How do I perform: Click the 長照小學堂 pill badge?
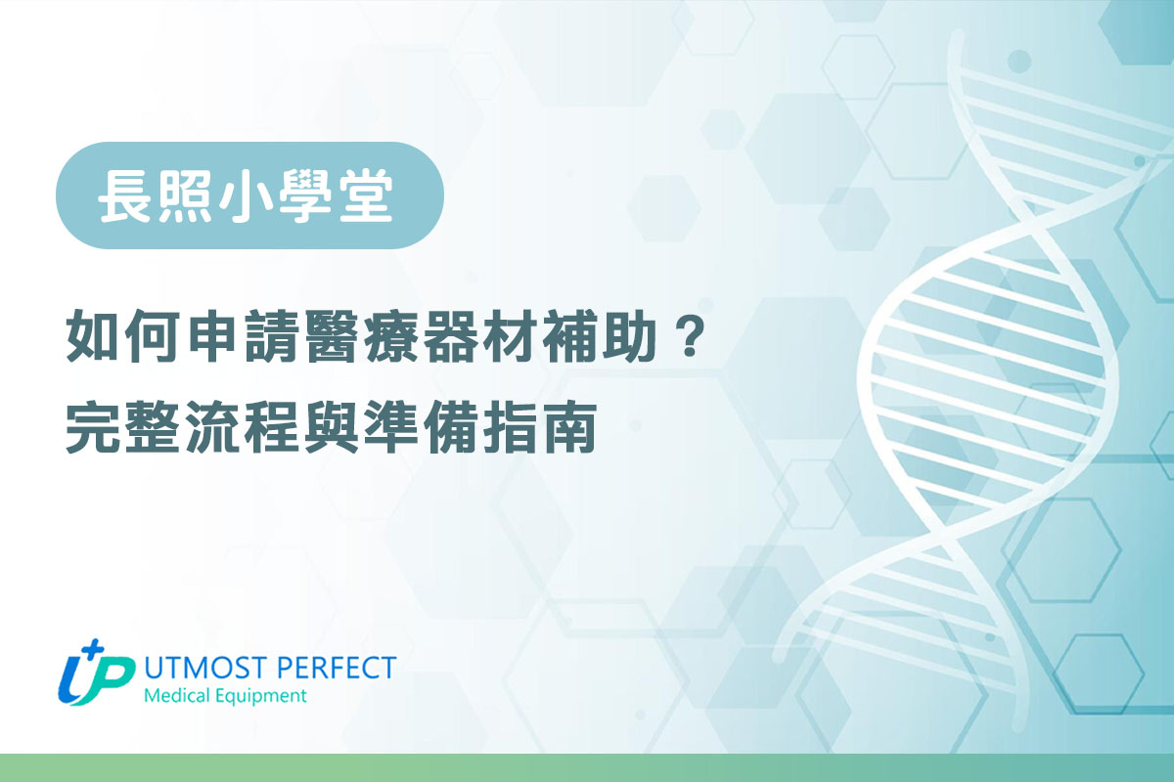(x=250, y=195)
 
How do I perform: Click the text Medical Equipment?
(x=224, y=696)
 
